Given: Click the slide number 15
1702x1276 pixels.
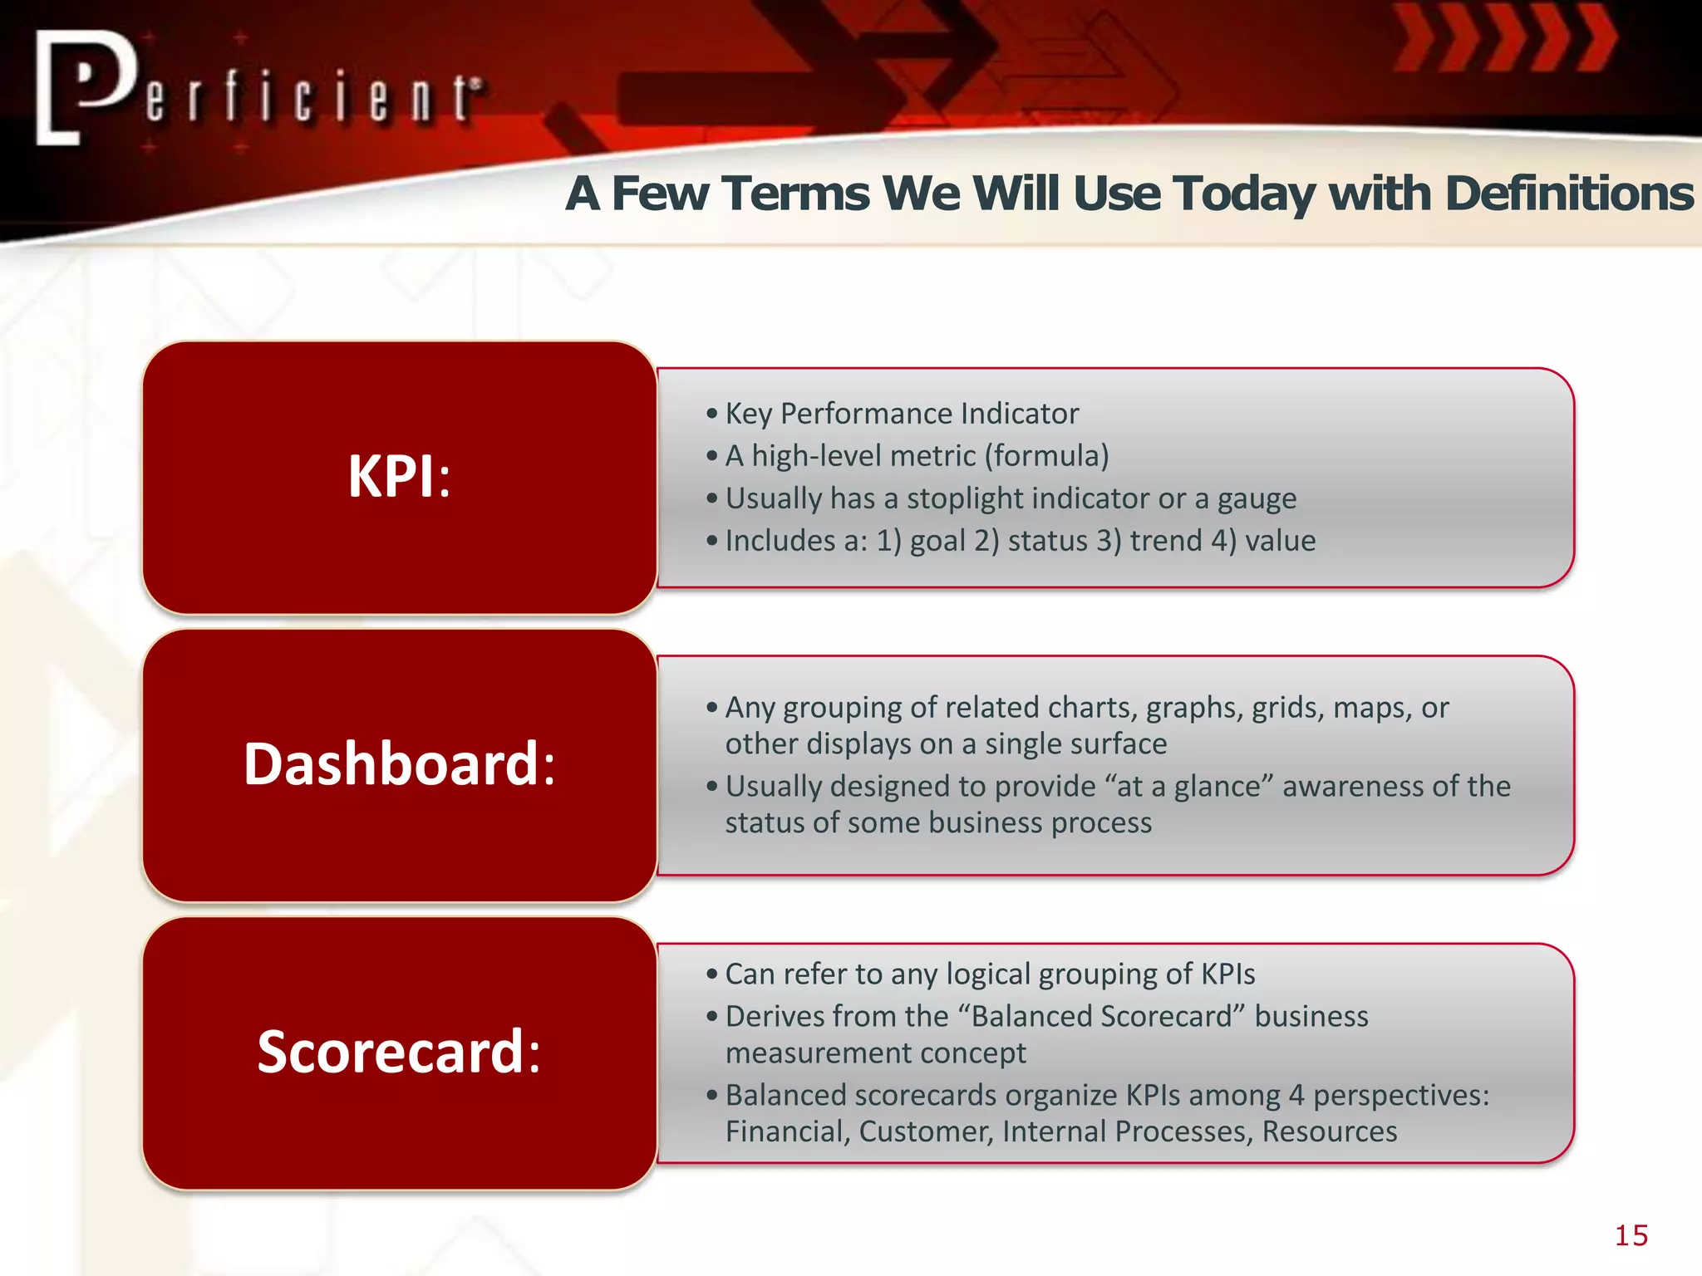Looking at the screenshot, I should click(1631, 1235).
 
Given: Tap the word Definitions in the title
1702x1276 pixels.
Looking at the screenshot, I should click(1568, 194).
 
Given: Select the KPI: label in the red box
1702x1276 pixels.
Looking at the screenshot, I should click(399, 477).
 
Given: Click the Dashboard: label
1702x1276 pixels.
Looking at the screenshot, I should click(399, 764).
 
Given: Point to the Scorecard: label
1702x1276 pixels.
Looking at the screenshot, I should click(399, 1052).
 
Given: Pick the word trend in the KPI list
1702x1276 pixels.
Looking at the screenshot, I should click(1165, 541).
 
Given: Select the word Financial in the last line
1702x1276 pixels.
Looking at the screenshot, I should click(787, 1131).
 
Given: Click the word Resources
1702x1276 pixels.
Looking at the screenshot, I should click(1329, 1131).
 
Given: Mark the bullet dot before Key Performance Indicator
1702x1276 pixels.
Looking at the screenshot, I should click(711, 414).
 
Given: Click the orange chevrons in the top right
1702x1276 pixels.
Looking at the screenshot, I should click(1504, 38).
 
